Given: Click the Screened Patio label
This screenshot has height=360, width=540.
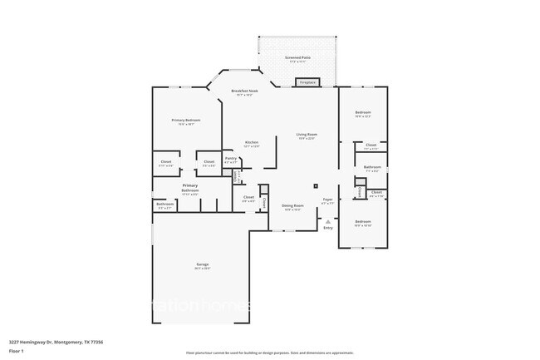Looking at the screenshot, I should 297,57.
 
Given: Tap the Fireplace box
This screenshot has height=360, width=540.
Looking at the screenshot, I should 308,81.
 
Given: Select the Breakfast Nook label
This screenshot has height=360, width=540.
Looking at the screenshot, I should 242,91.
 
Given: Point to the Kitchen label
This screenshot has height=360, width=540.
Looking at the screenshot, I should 251,142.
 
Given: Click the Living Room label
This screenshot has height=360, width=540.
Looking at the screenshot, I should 307,134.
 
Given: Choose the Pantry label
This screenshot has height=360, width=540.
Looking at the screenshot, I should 230,157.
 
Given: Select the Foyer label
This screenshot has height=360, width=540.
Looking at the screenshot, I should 328,200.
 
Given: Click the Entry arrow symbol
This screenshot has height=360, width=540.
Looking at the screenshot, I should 328,221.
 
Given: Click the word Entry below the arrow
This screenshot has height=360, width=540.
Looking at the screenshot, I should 328,228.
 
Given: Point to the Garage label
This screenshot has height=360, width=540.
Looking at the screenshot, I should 202,264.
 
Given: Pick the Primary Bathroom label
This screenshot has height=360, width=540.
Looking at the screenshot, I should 190,185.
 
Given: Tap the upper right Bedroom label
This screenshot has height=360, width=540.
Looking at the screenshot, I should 363,112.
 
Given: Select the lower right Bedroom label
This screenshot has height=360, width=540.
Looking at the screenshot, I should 363,221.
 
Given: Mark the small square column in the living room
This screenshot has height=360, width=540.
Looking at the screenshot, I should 315,185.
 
